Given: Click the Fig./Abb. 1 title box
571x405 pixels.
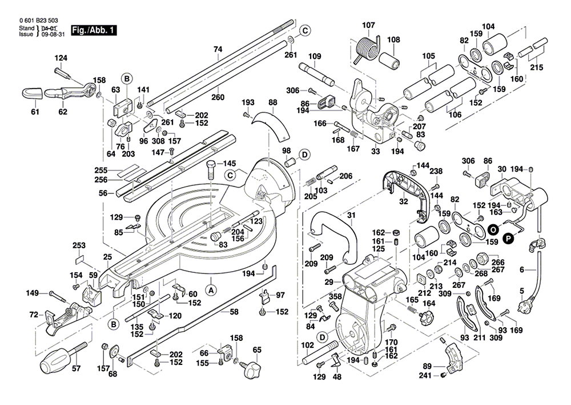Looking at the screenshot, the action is pos(94,30).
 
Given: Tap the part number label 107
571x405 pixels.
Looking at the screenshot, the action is pos(368,25).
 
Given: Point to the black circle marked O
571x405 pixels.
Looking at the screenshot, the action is pos(493,229).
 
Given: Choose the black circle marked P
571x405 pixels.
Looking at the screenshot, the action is pos(508,239).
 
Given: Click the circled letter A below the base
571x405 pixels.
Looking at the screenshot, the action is pos(211,291).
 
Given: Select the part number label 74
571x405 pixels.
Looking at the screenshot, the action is pos(218,49).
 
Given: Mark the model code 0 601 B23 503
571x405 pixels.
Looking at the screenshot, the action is pos(38,21).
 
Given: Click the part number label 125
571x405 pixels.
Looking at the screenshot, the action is pos(379,249).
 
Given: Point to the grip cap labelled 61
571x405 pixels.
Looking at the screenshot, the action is pos(33,93).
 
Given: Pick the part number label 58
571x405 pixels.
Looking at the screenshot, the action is pos(234,312).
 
